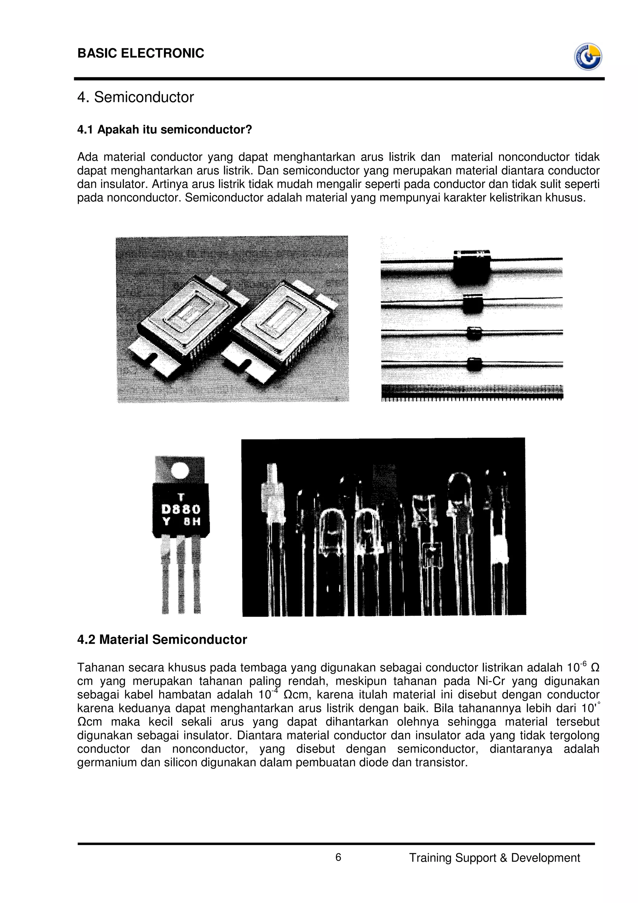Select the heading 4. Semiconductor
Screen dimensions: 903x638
(136, 97)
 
